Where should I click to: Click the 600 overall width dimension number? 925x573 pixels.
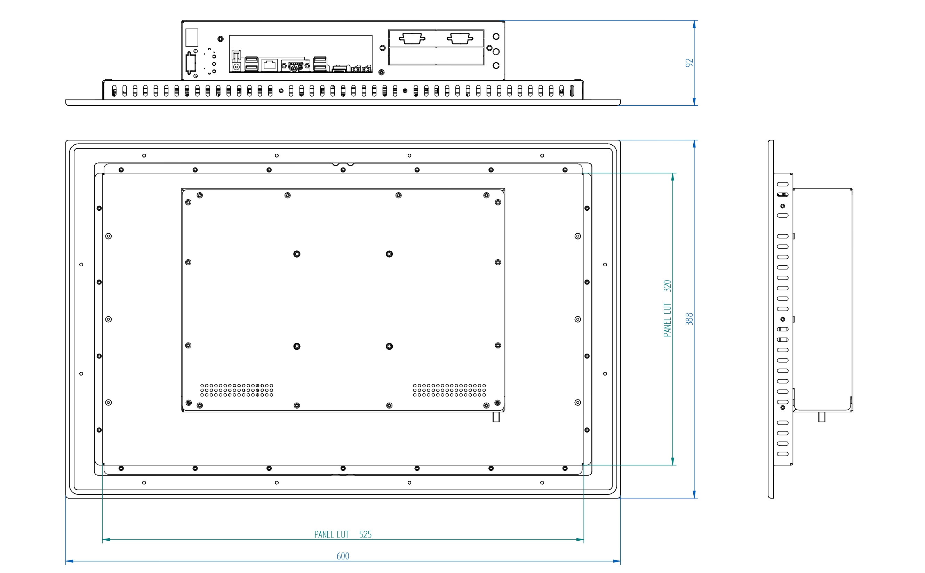343,556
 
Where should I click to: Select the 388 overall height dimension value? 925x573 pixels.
689,319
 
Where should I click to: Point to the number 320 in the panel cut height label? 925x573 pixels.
667,286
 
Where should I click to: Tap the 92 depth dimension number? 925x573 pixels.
689,63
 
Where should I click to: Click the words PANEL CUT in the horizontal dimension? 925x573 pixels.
331,534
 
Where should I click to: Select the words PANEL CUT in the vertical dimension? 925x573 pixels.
667,320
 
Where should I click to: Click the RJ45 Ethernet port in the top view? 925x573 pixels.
270,65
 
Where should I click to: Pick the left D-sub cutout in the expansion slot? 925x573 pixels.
412,38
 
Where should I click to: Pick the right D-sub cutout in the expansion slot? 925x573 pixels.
460,38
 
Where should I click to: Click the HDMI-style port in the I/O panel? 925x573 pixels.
339,69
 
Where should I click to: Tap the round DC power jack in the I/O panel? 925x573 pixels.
237,67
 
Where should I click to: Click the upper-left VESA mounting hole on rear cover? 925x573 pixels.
297,254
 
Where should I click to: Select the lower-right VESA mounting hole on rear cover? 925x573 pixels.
389,346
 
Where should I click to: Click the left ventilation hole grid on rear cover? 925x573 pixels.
237,390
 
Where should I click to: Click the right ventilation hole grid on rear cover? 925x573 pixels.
449,390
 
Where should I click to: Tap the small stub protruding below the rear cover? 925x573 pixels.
496,417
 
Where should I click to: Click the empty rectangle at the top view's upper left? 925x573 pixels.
192,38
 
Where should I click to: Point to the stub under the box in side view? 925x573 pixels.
821,417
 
